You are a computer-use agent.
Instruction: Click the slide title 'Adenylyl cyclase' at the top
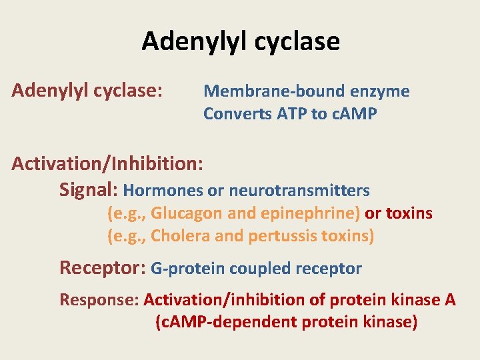point(241,41)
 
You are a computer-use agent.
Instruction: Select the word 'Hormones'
point(163,191)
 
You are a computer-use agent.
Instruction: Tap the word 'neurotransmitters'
point(299,191)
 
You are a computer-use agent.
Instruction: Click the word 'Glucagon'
point(187,213)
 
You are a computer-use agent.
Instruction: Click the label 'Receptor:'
point(103,268)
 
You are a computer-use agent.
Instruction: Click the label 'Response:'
point(99,299)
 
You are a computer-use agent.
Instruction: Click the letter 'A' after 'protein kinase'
point(450,299)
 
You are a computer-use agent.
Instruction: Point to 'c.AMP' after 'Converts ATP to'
point(354,114)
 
